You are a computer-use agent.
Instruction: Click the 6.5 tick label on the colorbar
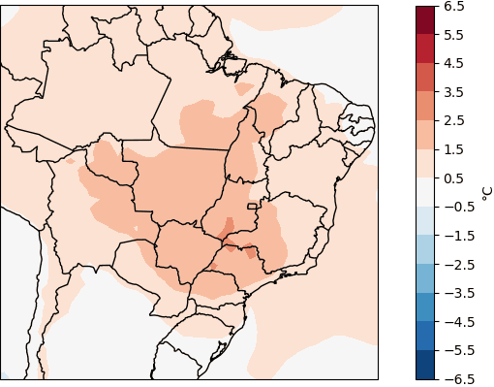[455, 6]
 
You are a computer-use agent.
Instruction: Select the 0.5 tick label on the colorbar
[455, 178]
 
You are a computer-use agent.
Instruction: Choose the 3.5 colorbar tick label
[455, 92]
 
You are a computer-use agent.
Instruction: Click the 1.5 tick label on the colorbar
[455, 149]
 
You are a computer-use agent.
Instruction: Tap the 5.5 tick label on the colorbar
[455, 35]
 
